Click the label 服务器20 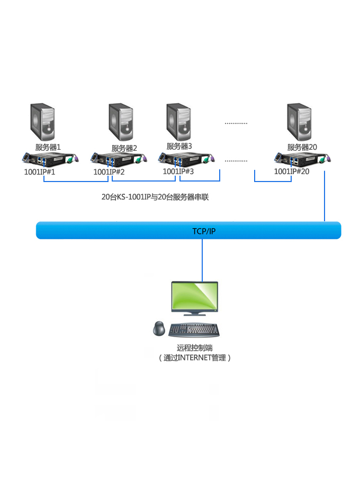point(302,147)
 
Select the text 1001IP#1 point(40,172)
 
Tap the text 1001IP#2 point(109,172)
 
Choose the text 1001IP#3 point(178,171)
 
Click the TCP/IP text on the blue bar point(204,231)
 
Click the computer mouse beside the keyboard point(159,329)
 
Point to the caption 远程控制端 point(195,348)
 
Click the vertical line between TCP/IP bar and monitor point(202,260)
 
